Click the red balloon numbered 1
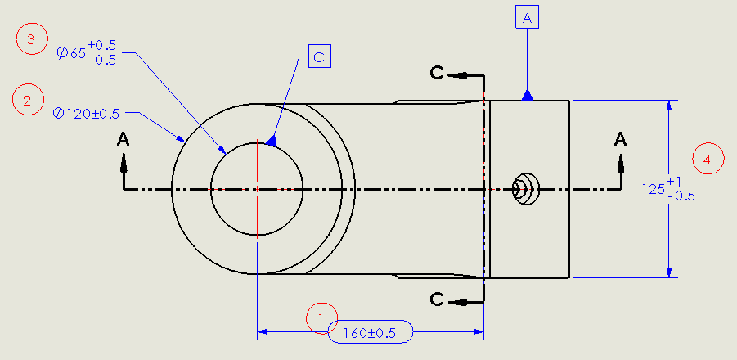pyautogui.click(x=321, y=318)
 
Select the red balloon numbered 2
pyautogui.click(x=28, y=101)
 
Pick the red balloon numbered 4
pyautogui.click(x=708, y=160)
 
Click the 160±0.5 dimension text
pyautogui.click(x=371, y=332)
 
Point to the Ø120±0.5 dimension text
pyautogui.click(x=86, y=114)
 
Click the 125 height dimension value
pyautogui.click(x=654, y=189)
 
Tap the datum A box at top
pyautogui.click(x=527, y=16)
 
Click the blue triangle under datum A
pyautogui.click(x=528, y=95)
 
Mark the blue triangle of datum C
pyautogui.click(x=272, y=142)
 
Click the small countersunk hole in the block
pyautogui.click(x=524, y=189)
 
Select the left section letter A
pyautogui.click(x=124, y=139)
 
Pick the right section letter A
pyautogui.click(x=621, y=139)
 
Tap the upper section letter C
pyautogui.click(x=438, y=74)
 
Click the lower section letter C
pyautogui.click(x=438, y=299)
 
